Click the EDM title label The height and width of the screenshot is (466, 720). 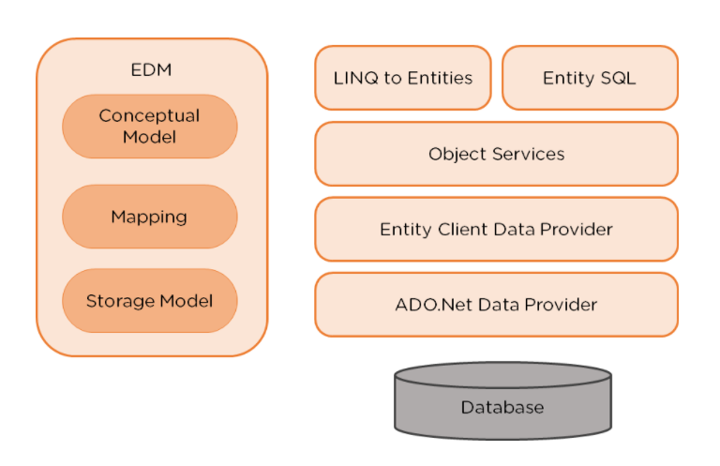[151, 69]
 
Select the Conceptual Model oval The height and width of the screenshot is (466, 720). [150, 127]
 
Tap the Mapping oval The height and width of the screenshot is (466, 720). [150, 217]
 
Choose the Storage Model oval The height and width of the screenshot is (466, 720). [150, 301]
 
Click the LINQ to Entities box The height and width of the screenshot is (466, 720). [403, 78]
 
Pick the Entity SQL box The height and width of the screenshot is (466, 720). [590, 78]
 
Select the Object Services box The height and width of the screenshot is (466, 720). [496, 154]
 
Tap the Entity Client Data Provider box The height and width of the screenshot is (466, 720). [496, 229]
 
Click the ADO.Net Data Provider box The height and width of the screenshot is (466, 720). [496, 305]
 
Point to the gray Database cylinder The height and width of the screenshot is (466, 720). [502, 400]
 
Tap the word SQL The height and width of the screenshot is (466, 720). [618, 78]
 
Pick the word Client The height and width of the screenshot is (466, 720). [462, 229]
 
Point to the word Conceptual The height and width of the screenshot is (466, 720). [149, 116]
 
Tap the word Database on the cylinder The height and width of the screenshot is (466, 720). [502, 407]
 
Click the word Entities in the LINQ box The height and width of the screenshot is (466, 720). [440, 78]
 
